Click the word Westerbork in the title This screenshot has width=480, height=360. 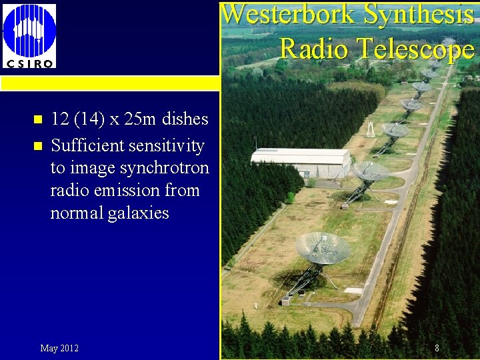[x=287, y=15]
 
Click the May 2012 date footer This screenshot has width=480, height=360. [x=59, y=348]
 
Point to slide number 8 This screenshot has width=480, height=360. [x=437, y=348]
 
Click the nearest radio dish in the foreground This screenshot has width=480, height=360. [x=323, y=248]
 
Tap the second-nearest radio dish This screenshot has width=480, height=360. [x=371, y=171]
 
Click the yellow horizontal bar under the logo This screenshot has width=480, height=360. [x=109, y=83]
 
